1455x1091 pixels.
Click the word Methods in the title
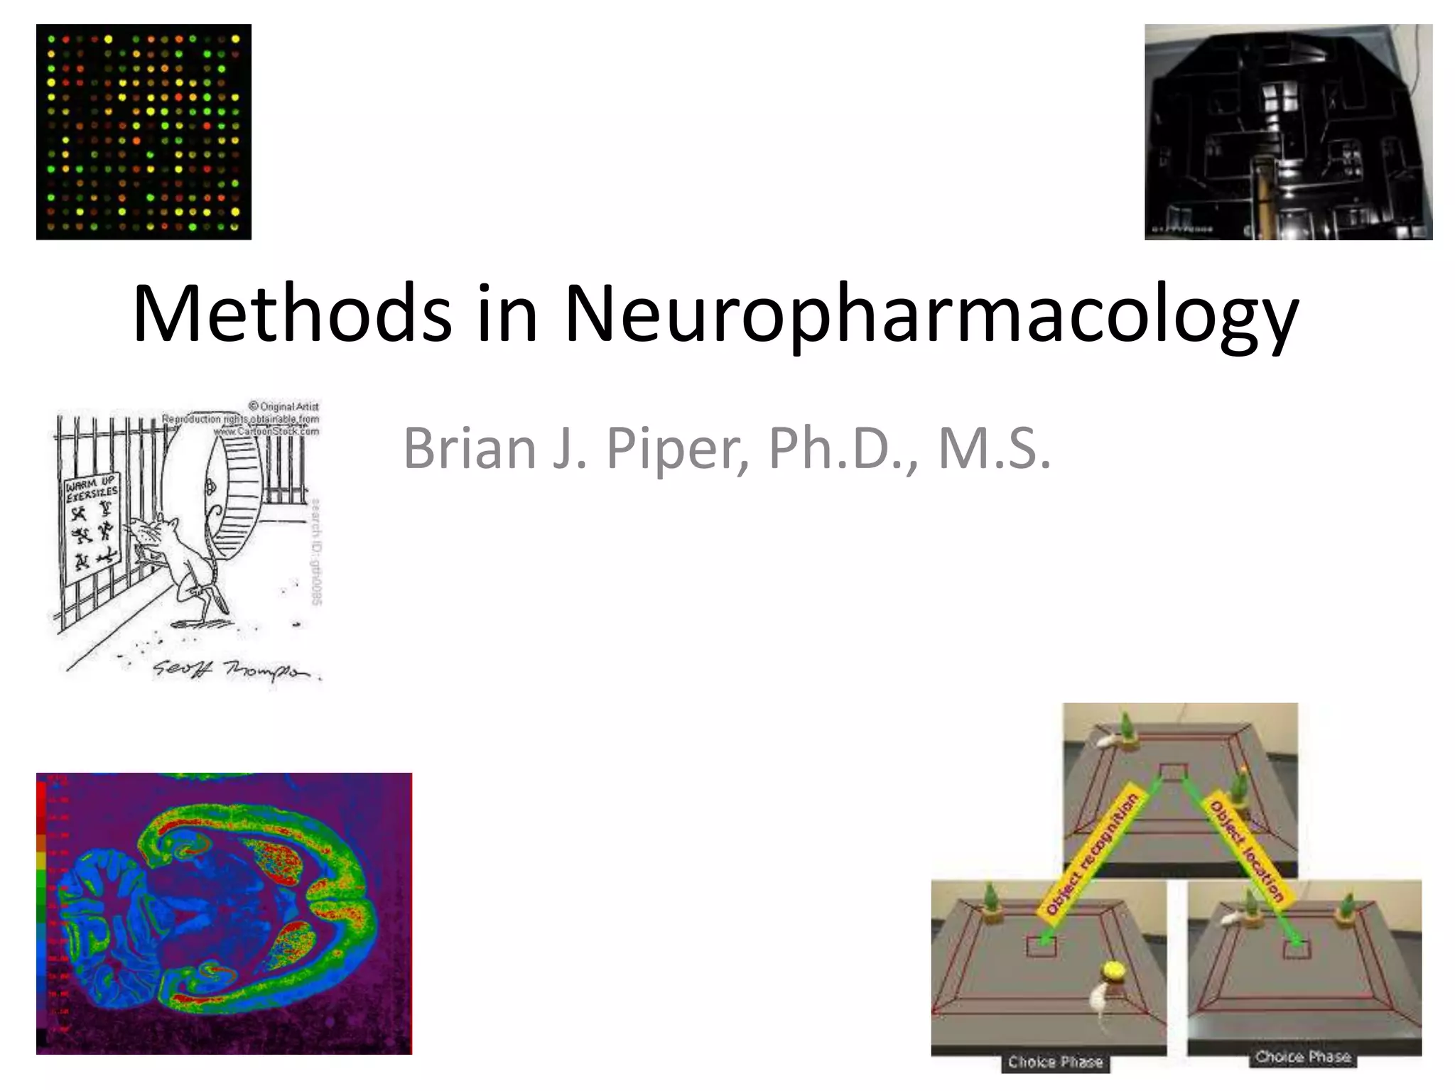click(291, 314)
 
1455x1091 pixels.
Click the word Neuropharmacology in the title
click(931, 314)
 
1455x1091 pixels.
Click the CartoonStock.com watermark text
click(266, 430)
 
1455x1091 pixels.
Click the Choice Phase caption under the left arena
click(1055, 1062)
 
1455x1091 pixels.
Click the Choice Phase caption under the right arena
click(1303, 1057)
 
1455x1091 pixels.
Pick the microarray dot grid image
click(144, 132)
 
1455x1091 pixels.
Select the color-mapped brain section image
click(224, 913)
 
